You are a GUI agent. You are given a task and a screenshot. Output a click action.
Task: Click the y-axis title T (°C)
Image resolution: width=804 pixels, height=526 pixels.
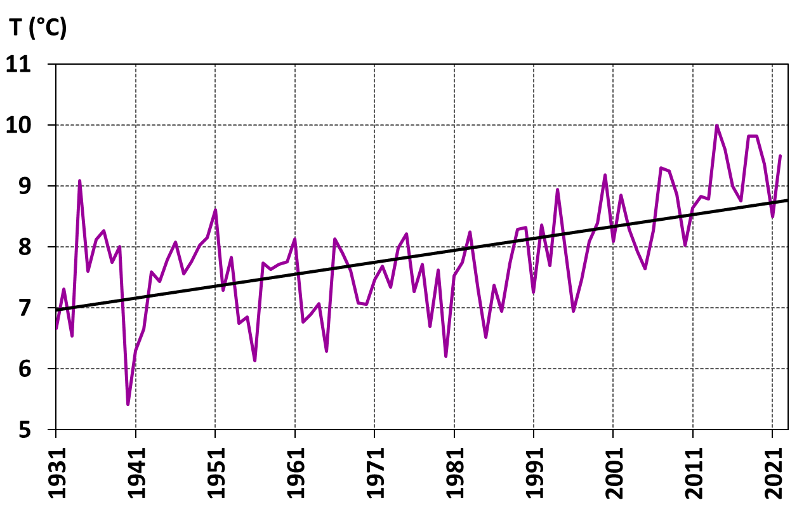pos(37,28)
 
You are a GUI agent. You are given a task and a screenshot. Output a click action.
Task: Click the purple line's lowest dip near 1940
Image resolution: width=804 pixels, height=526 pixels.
pos(128,404)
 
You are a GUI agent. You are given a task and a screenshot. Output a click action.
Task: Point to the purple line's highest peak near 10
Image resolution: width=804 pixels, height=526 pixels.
pos(716,126)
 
